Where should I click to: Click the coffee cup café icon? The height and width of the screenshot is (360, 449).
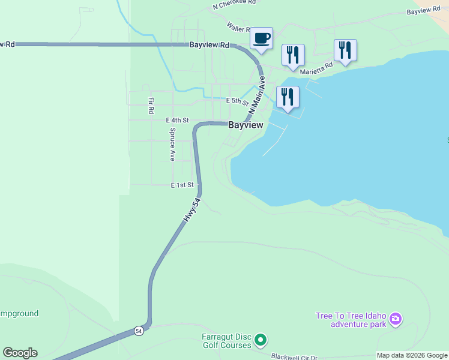click(261, 39)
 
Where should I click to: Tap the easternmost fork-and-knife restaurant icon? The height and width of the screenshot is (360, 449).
click(345, 50)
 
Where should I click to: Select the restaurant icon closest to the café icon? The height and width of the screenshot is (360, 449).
click(293, 55)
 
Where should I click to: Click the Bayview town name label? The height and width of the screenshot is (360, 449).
click(245, 125)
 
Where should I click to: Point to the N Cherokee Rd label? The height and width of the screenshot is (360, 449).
click(234, 6)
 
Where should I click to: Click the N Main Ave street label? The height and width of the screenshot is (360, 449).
click(258, 95)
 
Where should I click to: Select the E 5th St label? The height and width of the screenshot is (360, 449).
click(237, 101)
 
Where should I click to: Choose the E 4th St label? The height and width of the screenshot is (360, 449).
click(177, 121)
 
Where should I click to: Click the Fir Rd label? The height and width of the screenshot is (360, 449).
click(151, 106)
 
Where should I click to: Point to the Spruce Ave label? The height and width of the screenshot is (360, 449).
click(172, 145)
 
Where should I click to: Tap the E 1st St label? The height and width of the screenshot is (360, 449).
click(182, 185)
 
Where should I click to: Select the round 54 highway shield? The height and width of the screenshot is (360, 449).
click(139, 331)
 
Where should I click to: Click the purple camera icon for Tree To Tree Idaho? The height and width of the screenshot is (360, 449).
click(395, 319)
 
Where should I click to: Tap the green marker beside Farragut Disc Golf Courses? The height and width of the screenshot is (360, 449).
click(260, 340)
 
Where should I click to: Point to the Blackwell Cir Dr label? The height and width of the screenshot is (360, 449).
click(294, 356)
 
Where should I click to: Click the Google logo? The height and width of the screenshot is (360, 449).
click(20, 353)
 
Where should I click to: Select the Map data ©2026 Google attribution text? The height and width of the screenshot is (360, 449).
click(412, 356)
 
